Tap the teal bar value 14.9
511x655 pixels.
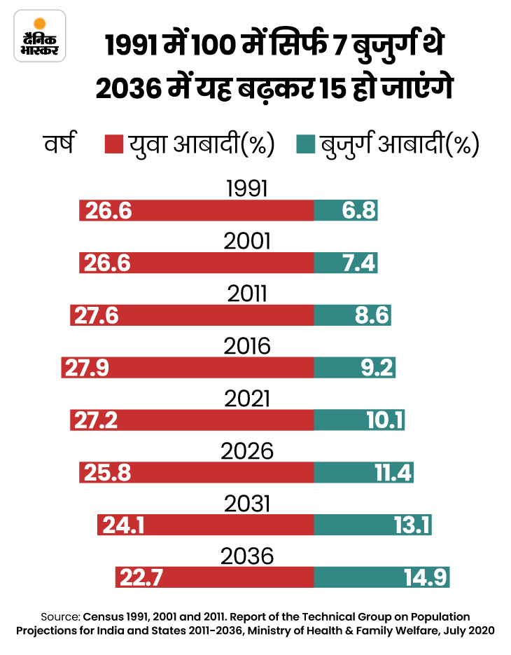coord(426,578)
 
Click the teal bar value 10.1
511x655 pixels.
coord(383,420)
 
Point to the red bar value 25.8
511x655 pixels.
coord(104,473)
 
